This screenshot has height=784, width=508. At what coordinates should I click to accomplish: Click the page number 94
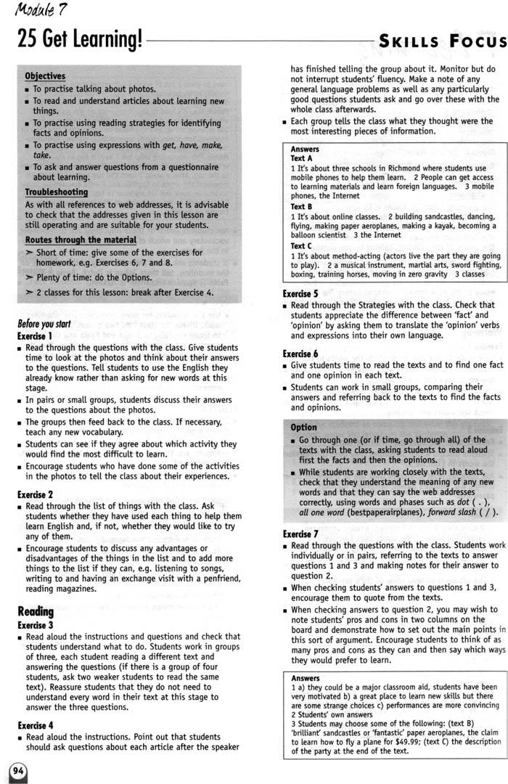tap(17, 771)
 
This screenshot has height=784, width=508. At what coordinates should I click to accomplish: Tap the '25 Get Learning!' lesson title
tap(80, 41)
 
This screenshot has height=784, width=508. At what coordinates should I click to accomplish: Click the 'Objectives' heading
tap(45, 75)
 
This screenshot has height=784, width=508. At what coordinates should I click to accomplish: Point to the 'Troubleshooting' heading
tap(57, 192)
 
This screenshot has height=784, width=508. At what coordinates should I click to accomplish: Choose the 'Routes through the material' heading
tap(81, 240)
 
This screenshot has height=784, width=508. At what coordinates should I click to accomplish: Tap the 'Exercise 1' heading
tap(35, 336)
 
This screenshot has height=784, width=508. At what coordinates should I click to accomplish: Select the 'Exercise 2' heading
tap(35, 494)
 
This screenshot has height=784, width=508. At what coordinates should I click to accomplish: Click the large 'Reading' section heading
tap(36, 611)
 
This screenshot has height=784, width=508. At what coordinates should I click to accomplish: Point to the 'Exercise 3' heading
tap(35, 624)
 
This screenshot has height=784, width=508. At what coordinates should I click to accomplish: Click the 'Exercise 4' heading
tap(35, 724)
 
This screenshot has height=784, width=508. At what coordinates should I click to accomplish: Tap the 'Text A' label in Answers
tap(302, 158)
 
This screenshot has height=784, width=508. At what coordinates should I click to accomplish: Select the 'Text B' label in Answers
tap(302, 206)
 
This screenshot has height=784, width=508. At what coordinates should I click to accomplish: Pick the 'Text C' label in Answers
tap(302, 246)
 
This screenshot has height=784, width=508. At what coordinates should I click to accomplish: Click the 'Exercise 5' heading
tap(300, 294)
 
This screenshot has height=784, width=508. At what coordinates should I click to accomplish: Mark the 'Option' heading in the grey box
tap(303, 428)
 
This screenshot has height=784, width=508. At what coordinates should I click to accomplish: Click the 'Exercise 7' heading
tap(300, 534)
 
